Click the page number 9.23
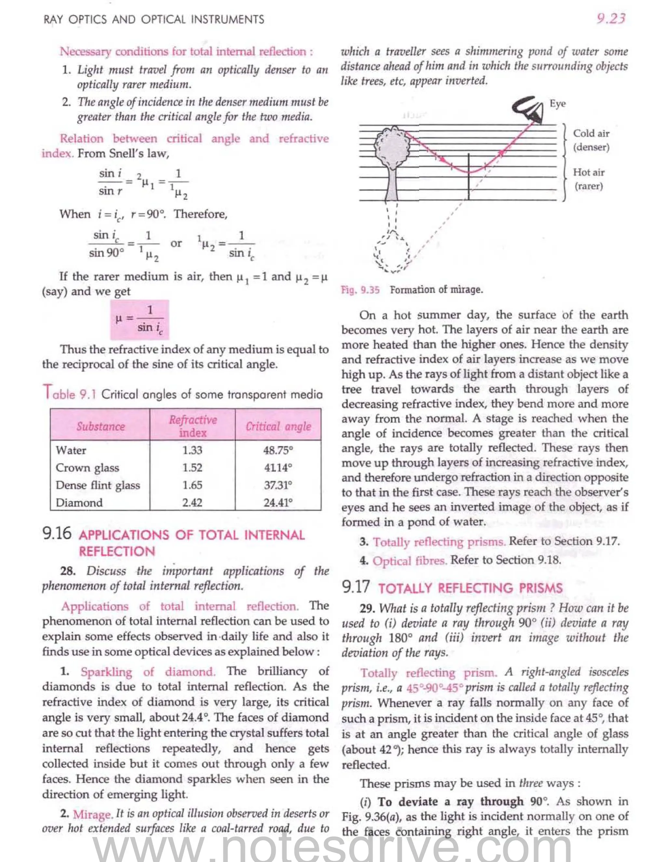coord(610,19)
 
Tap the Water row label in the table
coord(71,450)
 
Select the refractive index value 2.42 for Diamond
coord(192,503)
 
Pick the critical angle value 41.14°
coord(278,468)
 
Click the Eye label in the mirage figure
coord(557,104)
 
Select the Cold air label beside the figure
coord(591,133)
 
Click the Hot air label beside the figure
coord(589,172)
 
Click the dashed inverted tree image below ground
coord(393,253)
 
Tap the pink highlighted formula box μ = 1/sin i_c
coord(140,320)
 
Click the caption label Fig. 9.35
coord(360,290)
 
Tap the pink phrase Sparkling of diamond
coord(148,672)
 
